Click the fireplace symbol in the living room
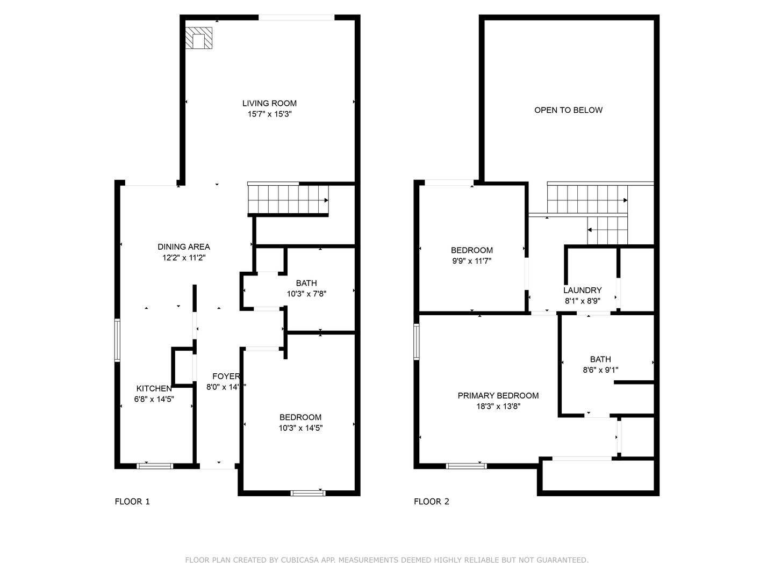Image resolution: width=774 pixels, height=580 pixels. click(x=199, y=39)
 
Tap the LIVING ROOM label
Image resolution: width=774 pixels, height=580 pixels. click(x=269, y=103)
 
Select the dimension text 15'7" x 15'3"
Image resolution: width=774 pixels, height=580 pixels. click(x=269, y=114)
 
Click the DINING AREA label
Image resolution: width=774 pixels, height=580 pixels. click(x=184, y=247)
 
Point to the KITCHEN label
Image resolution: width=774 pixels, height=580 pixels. click(x=154, y=388)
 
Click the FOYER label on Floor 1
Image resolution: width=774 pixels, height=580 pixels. click(x=225, y=376)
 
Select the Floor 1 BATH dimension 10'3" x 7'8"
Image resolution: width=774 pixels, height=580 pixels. click(x=306, y=294)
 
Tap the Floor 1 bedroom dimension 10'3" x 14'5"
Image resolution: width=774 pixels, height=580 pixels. click(x=300, y=428)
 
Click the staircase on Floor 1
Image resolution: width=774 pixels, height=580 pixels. click(x=288, y=199)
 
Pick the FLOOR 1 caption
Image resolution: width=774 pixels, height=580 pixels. click(x=132, y=502)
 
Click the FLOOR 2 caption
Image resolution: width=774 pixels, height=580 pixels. click(x=431, y=502)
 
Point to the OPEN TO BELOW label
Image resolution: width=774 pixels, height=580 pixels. click(x=568, y=110)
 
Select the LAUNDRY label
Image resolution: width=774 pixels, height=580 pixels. click(x=582, y=290)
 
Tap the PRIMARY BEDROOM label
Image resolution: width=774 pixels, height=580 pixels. click(x=498, y=395)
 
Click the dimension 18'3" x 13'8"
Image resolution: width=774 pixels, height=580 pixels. click(x=498, y=407)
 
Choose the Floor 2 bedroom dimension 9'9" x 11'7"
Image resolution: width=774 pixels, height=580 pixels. click(x=471, y=261)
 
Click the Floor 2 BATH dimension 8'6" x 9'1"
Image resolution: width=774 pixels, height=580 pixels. click(x=600, y=370)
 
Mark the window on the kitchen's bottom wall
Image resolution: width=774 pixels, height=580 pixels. click(x=155, y=466)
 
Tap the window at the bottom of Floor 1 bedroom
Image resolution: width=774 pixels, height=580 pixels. click(x=308, y=493)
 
